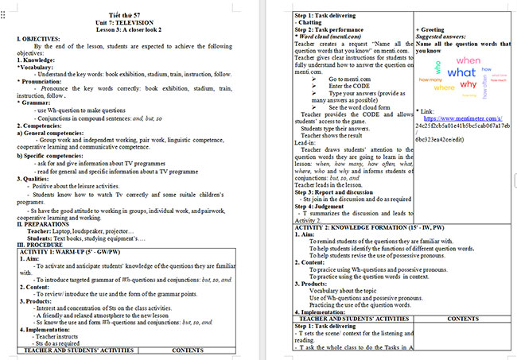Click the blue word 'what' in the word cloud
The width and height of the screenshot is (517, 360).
coord(461,73)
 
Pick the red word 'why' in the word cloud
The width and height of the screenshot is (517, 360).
coord(468,84)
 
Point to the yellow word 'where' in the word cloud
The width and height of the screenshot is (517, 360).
coord(444,87)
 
